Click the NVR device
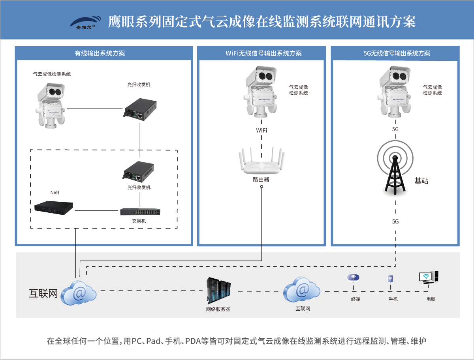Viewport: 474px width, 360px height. pos(53,208)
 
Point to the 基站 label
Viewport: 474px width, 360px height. pos(421,181)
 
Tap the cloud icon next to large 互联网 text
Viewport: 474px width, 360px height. pos(79,292)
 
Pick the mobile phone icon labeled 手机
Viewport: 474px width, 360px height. pos(390,279)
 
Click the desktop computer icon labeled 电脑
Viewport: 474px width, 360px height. pos(429,277)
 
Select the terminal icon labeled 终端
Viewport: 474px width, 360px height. pos(354,279)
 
